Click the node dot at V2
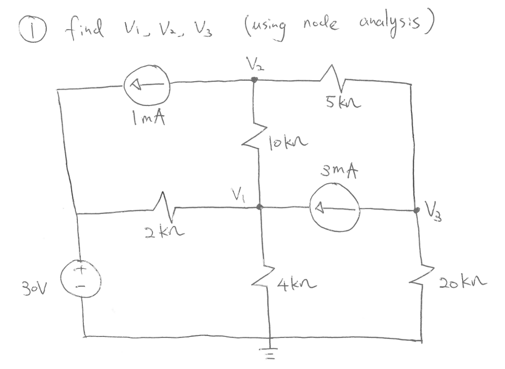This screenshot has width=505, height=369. [x=254, y=80]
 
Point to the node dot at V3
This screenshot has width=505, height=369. [x=417, y=210]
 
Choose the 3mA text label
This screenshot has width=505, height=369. [x=340, y=171]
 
